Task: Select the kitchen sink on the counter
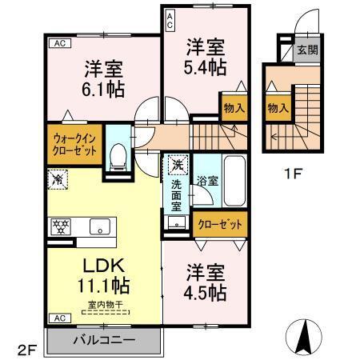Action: (x=100, y=226)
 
